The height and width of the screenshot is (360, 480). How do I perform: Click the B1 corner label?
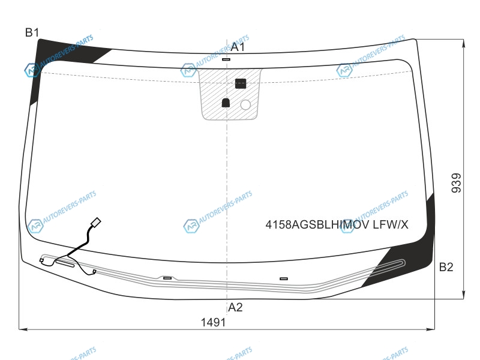point(32,32)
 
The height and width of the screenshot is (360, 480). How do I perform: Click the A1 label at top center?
point(238,47)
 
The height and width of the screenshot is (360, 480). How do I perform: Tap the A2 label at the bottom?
point(235,307)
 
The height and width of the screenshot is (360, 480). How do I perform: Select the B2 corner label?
point(446,267)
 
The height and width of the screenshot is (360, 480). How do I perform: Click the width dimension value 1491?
point(213,322)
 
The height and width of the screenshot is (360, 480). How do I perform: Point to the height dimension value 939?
point(456,183)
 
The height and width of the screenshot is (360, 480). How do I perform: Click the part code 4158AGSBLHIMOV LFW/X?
point(337,224)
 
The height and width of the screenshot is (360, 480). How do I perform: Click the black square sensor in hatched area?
point(241,83)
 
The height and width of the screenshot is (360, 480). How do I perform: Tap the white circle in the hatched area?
point(245,104)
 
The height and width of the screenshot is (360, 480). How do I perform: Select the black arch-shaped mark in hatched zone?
point(226,103)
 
